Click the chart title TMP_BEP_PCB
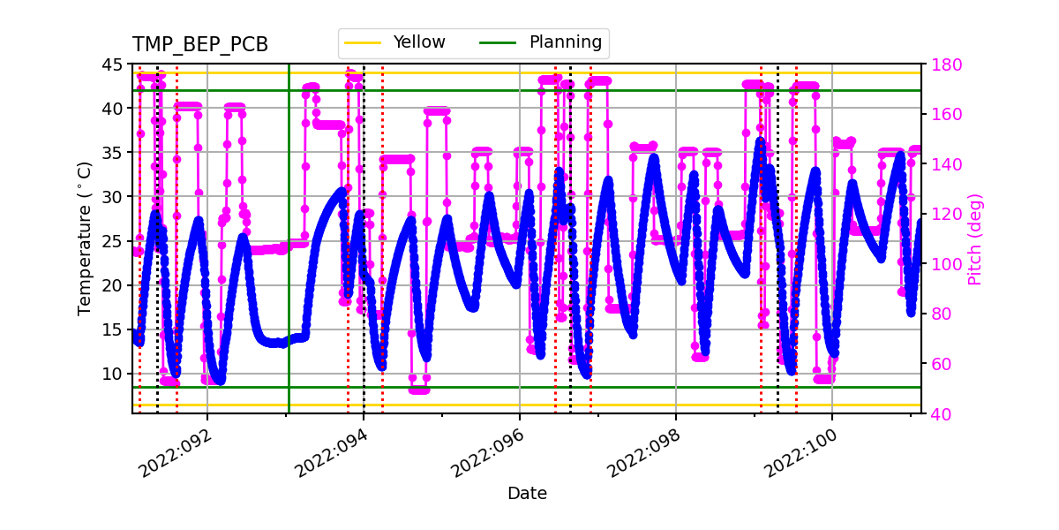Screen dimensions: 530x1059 [200, 45]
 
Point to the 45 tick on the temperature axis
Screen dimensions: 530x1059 [115, 64]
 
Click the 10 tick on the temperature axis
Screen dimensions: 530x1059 [115, 374]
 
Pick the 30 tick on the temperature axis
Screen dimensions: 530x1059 [115, 197]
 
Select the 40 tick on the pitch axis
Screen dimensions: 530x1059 [941, 413]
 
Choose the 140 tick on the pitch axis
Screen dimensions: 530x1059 [946, 164]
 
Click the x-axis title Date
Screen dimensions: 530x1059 [527, 494]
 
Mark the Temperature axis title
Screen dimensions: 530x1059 [85, 238]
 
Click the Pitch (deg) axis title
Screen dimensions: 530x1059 [975, 238]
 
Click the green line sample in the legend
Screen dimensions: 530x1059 [499, 42]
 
